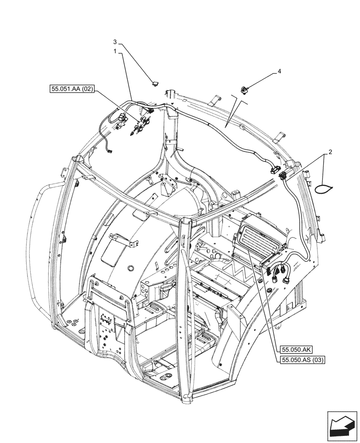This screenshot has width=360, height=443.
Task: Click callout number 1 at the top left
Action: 114,51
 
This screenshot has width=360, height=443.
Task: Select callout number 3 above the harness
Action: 115,42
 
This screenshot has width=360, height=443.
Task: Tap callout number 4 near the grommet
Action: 279,71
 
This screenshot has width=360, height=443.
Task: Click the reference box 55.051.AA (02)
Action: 72,89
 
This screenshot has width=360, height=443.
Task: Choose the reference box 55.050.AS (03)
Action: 303,360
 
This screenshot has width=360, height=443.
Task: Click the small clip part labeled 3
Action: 154,82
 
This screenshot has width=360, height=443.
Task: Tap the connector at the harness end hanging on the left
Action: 110,152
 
